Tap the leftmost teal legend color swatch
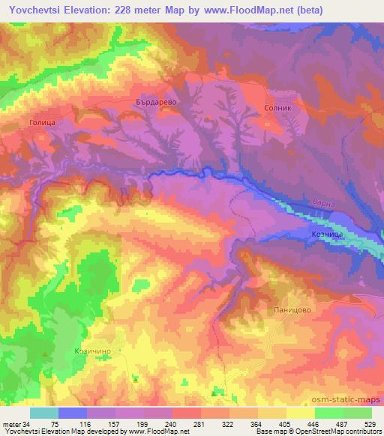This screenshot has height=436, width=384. pos(44,414)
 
